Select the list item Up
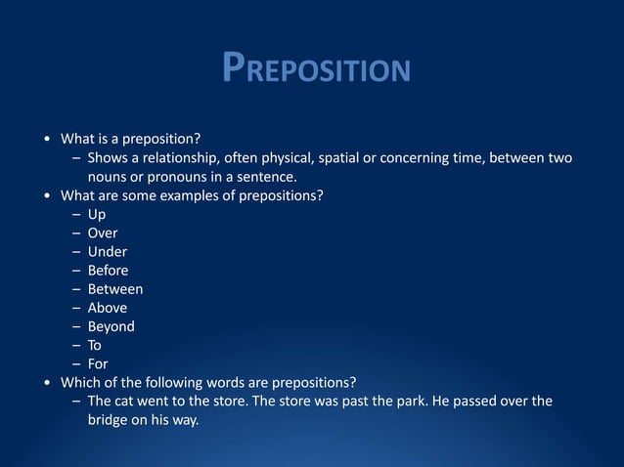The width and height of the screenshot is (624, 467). pyautogui.click(x=97, y=214)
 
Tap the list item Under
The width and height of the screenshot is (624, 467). pyautogui.click(x=108, y=251)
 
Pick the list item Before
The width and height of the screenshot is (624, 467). pyautogui.click(x=108, y=271)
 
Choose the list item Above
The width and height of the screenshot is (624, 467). pyautogui.click(x=108, y=308)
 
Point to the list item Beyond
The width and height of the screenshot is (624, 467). pyautogui.click(x=111, y=326)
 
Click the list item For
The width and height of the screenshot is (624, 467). pyautogui.click(x=98, y=363)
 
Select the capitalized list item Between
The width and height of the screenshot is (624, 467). pyautogui.click(x=115, y=289)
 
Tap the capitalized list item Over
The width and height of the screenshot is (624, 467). pyautogui.click(x=103, y=233)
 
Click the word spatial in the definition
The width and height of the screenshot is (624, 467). pyautogui.click(x=332, y=158)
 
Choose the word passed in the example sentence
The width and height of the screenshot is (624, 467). pyautogui.click(x=447, y=401)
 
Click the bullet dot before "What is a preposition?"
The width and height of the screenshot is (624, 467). pyautogui.click(x=49, y=140)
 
